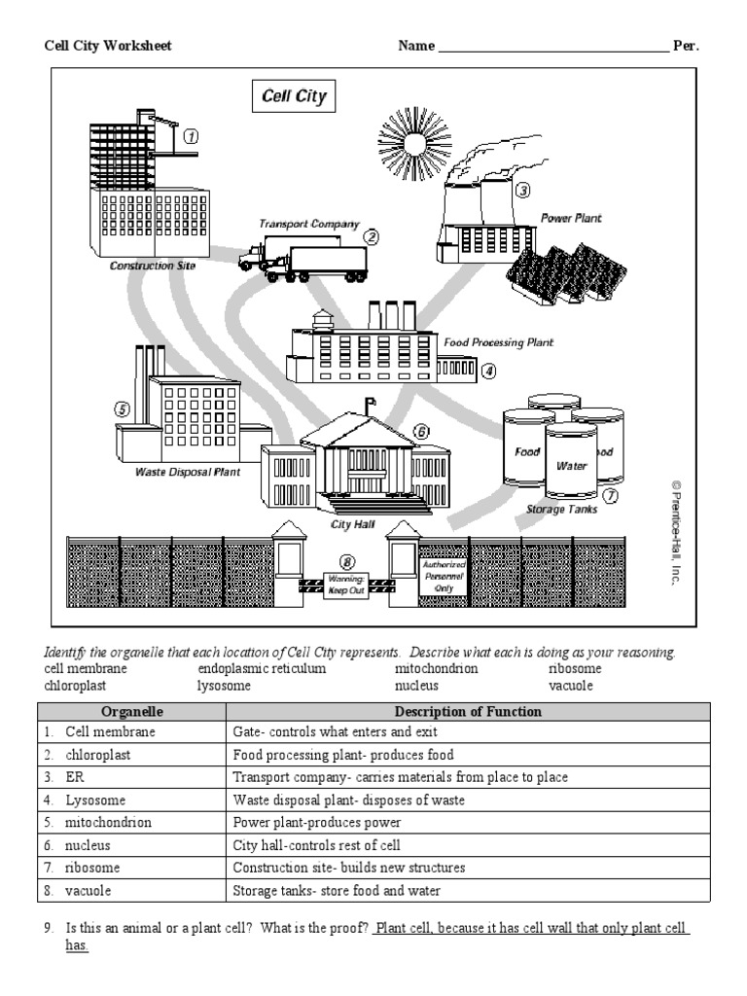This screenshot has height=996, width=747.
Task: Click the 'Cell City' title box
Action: click(x=295, y=97)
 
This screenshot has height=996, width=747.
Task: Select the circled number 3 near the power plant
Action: click(x=522, y=191)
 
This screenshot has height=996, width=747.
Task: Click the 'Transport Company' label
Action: click(x=308, y=224)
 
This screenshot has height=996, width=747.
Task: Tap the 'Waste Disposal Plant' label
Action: click(x=187, y=473)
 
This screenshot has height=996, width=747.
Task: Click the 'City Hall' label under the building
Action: click(x=353, y=524)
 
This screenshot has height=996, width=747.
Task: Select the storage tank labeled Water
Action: click(x=571, y=465)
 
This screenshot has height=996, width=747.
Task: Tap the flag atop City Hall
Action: click(x=371, y=402)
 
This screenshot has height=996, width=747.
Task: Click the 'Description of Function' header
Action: click(x=468, y=712)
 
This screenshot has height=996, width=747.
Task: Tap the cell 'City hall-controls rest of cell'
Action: click(x=316, y=845)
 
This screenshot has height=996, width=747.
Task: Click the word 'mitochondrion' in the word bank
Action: click(x=436, y=669)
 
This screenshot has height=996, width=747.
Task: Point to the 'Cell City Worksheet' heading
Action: click(x=108, y=46)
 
